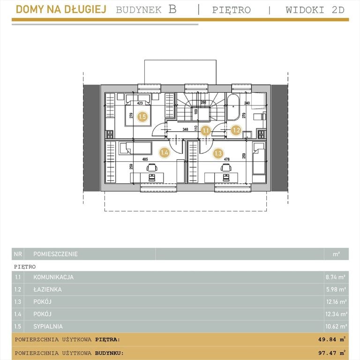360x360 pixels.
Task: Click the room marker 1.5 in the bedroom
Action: pyautogui.click(x=142, y=117)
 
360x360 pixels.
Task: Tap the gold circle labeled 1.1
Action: pyautogui.click(x=206, y=131)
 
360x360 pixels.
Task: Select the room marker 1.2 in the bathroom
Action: pyautogui.click(x=236, y=130)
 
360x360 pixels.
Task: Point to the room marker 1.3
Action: pyautogui.click(x=218, y=153)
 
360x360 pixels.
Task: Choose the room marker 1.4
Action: pyautogui.click(x=165, y=152)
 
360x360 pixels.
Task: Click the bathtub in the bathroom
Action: pyautogui.click(x=233, y=107)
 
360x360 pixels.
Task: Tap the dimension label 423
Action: pyautogui.click(x=140, y=103)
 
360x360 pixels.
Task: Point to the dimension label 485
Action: pyautogui.click(x=145, y=159)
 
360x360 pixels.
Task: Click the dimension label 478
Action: pyautogui.click(x=226, y=159)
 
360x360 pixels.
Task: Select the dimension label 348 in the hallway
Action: pyautogui.click(x=185, y=129)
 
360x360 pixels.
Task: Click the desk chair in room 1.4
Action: pyautogui.click(x=152, y=167)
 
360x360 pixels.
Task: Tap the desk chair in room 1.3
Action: pyautogui.click(x=226, y=167)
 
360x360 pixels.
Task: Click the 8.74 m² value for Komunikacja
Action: pyautogui.click(x=336, y=277)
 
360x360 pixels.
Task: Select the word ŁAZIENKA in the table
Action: pyautogui.click(x=47, y=290)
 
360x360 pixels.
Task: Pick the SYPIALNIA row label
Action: pyautogui.click(x=48, y=326)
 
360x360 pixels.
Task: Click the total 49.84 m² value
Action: pyautogui.click(x=332, y=339)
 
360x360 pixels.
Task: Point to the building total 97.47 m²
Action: pyautogui.click(x=332, y=353)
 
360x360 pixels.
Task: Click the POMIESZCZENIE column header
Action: pyautogui.click(x=56, y=254)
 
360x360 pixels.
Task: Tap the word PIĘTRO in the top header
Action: pyautogui.click(x=232, y=10)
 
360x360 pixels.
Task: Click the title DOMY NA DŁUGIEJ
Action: pyautogui.click(x=61, y=9)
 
